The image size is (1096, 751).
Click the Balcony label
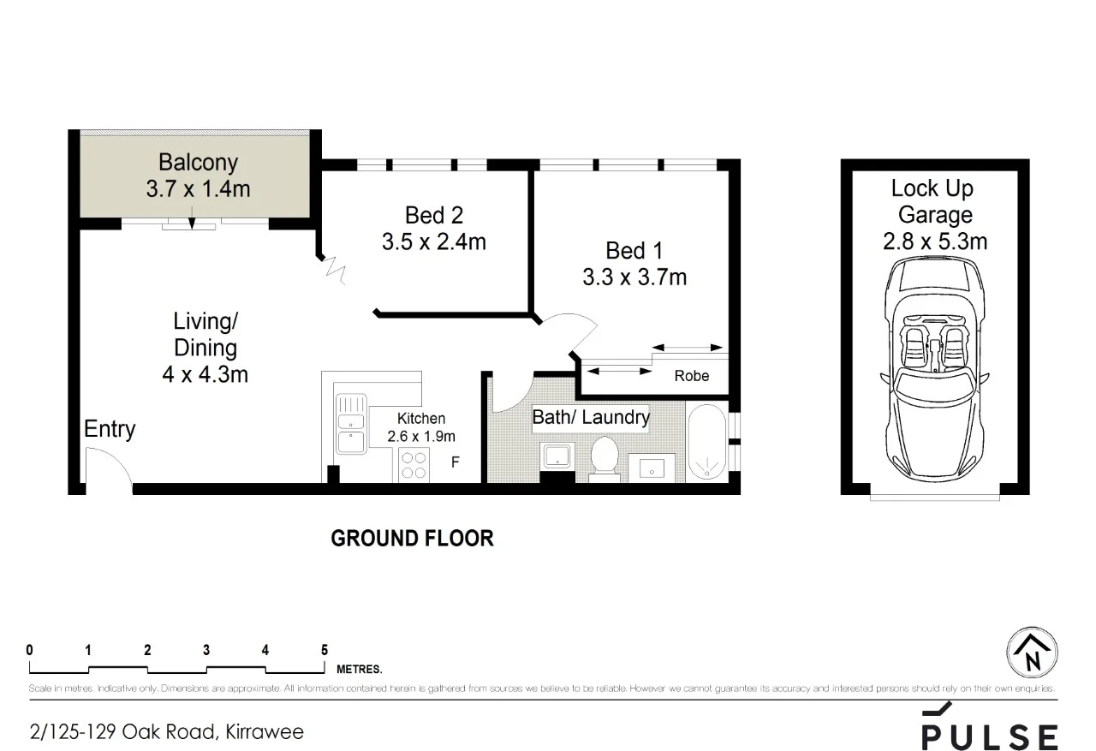198,162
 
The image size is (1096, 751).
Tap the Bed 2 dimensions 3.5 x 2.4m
433,242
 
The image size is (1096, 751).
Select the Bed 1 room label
634,251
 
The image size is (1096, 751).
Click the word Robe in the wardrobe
691,376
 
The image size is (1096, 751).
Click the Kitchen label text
420,419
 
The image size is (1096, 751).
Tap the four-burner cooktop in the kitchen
414,465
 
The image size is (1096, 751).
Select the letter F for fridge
456,463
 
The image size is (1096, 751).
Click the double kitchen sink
349,425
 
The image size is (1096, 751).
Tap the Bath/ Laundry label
591,418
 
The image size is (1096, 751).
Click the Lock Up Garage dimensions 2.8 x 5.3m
934,242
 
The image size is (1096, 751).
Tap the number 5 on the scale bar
324,650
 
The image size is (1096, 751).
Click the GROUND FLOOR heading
412,539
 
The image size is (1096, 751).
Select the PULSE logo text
989,736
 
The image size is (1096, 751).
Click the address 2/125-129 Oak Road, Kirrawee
167,732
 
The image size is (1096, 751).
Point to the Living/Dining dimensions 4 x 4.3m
205,374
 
